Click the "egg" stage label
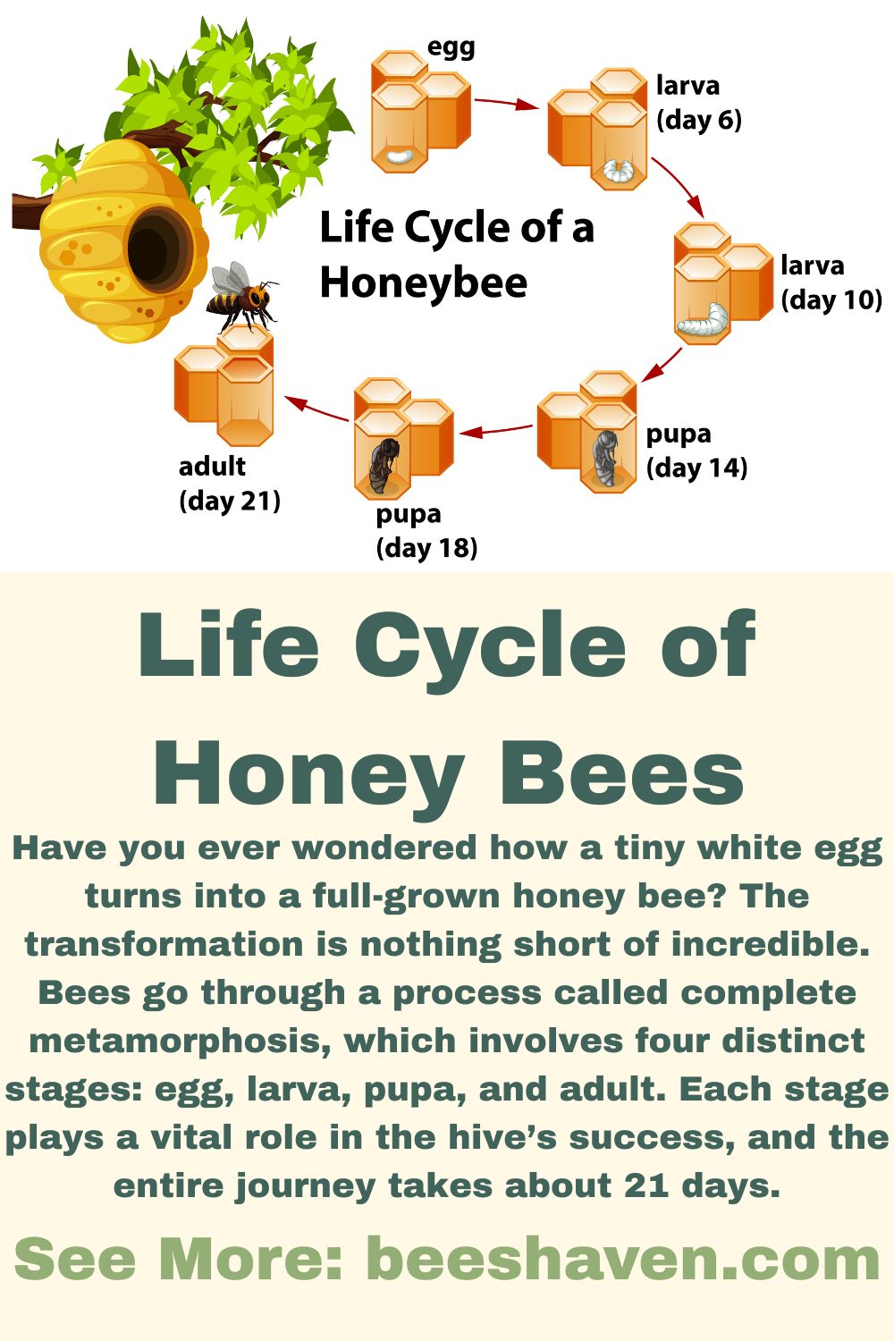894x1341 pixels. tap(451, 47)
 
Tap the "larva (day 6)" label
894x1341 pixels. tap(698, 103)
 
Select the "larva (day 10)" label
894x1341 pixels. tap(831, 283)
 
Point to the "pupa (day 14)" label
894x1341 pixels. tap(696, 451)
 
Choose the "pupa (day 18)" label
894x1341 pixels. tap(426, 530)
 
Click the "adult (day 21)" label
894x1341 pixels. tap(229, 483)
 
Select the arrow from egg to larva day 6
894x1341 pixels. tap(505, 103)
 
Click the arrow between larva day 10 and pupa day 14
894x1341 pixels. tap(662, 364)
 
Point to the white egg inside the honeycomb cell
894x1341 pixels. tap(398, 158)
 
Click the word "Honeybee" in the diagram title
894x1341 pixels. tap(423, 283)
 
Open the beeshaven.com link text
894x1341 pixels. tap(623, 1259)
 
